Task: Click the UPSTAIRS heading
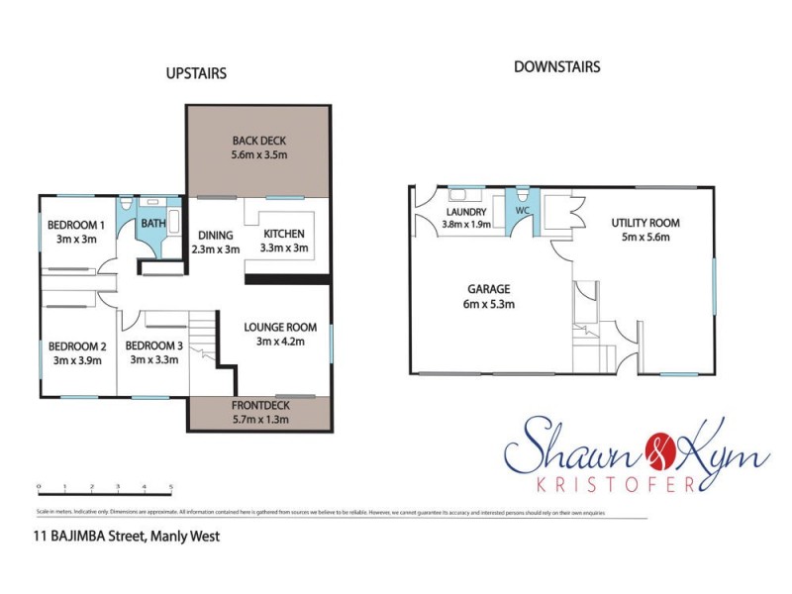(x=196, y=73)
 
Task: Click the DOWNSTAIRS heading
(x=557, y=67)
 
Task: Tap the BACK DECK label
(x=258, y=140)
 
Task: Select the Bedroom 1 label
(x=75, y=224)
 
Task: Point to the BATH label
(x=153, y=224)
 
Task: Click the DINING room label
(x=215, y=235)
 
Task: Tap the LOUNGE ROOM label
(x=286, y=327)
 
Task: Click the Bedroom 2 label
(x=76, y=346)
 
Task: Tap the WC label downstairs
(x=522, y=211)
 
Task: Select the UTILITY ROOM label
(x=644, y=223)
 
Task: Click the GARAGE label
(x=490, y=290)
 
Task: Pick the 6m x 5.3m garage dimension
(x=490, y=304)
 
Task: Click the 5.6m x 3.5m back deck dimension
(x=258, y=154)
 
